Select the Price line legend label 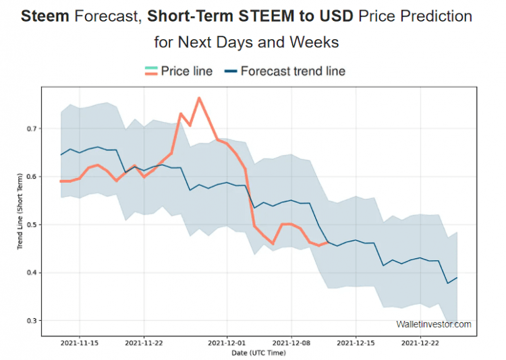[x=186, y=71]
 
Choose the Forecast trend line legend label [x=293, y=71]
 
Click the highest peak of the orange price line [x=199, y=98]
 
